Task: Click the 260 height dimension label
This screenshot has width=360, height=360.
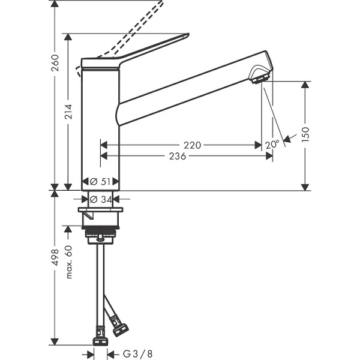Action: tap(55, 62)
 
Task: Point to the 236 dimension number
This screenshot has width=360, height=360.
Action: tap(178, 156)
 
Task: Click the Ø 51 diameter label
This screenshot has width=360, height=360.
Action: tap(101, 181)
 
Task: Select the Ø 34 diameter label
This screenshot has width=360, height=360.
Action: tap(101, 199)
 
